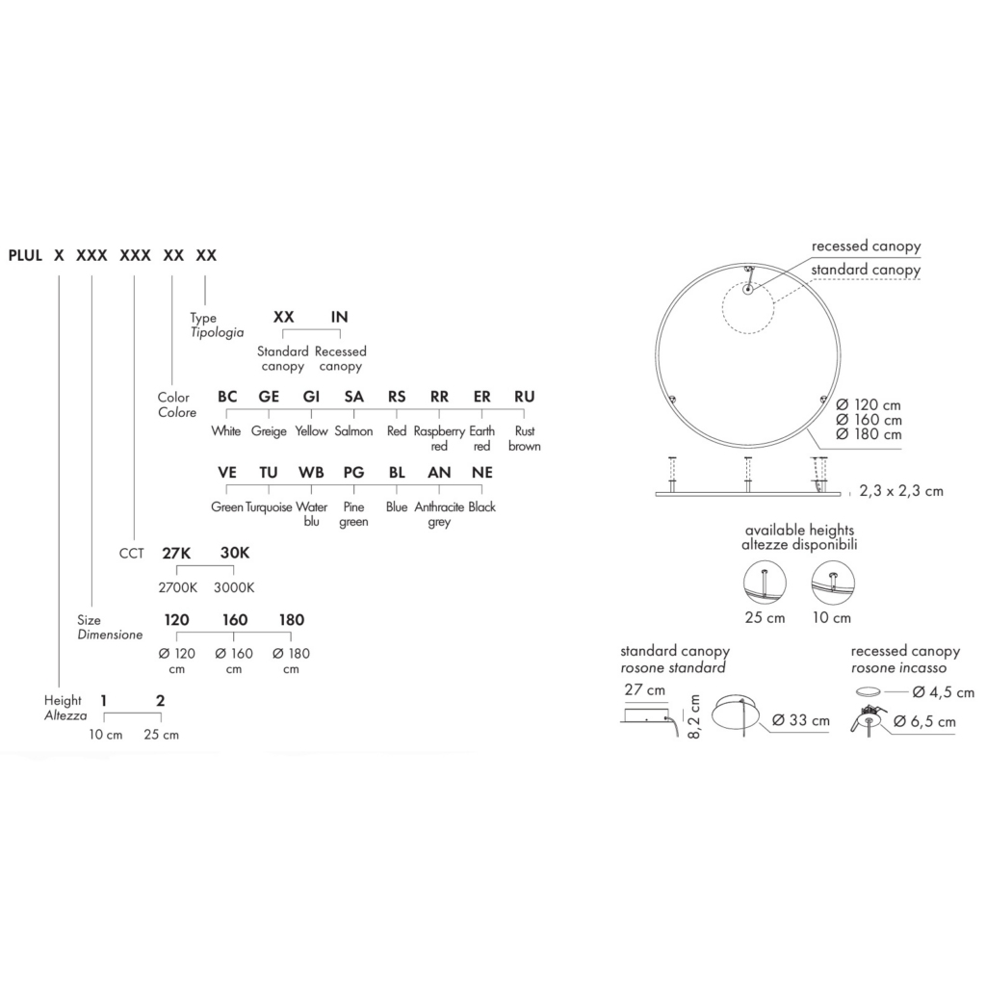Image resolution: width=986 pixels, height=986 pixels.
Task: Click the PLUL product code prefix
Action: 25,255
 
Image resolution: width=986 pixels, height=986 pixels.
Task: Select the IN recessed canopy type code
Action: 340,317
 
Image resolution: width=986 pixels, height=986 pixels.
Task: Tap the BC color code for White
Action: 227,397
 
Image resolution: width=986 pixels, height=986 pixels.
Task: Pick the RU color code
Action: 525,397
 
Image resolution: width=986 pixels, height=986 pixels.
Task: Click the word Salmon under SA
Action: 353,431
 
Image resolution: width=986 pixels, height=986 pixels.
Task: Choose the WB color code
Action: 311,472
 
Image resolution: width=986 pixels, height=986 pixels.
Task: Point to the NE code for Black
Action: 482,472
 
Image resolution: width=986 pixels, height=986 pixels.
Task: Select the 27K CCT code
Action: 176,554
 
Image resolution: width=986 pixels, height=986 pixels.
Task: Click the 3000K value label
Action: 234,588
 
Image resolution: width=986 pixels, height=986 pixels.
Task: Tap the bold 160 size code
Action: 235,620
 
